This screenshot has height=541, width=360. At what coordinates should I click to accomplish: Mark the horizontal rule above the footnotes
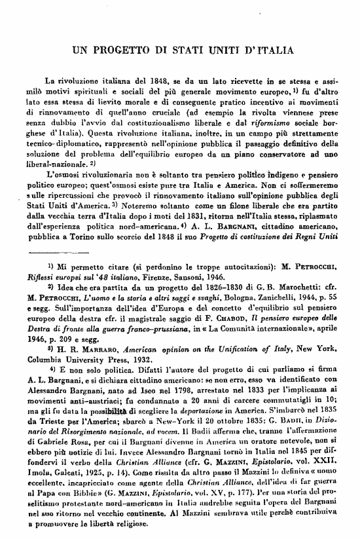click(69, 252)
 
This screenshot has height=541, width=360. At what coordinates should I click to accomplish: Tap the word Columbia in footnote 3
click(44, 360)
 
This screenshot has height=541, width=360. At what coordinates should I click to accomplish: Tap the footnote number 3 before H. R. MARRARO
click(50, 348)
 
